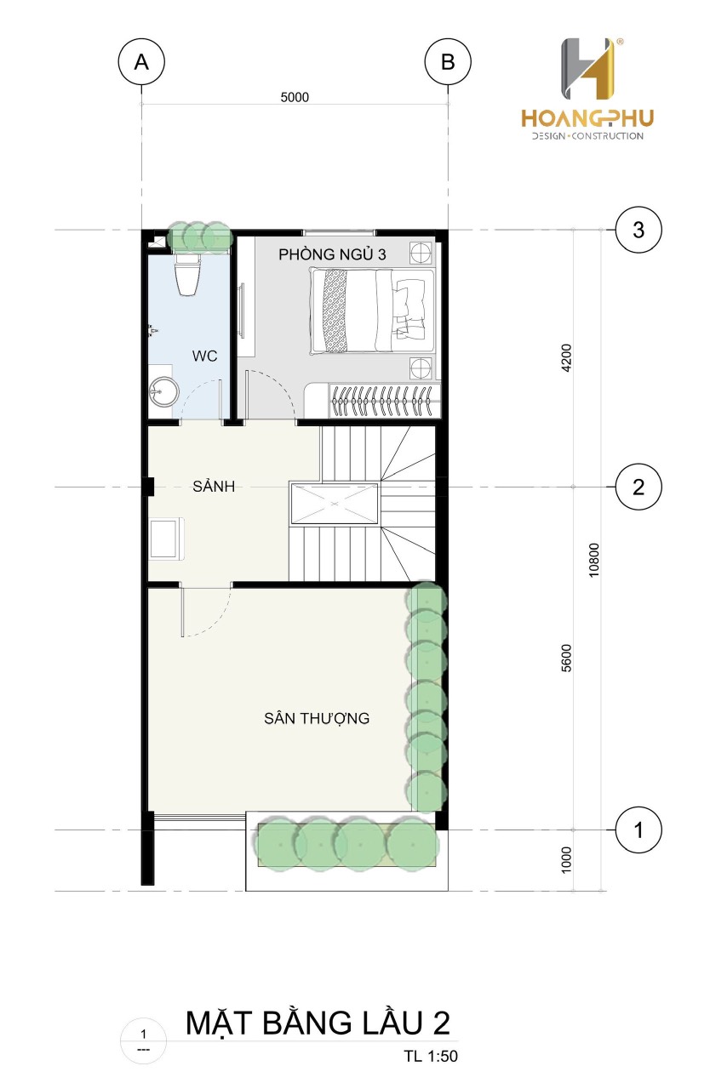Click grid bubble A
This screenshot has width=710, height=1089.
[x=141, y=62]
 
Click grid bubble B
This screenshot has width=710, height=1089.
[x=448, y=62]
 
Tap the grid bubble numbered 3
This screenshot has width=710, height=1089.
[x=638, y=230]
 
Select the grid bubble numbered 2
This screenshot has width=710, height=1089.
[x=638, y=487]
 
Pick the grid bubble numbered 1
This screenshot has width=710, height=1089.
[x=638, y=830]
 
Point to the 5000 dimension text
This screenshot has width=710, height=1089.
[x=295, y=97]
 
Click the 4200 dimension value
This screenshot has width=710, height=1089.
[x=566, y=358]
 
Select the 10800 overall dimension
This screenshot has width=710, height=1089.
[x=593, y=560]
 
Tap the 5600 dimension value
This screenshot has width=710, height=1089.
[x=566, y=658]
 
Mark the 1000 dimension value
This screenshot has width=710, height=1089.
[x=566, y=860]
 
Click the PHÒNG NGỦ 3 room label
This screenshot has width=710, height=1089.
[x=332, y=254]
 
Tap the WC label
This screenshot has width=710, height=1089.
[x=204, y=356]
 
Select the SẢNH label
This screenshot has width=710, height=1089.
[x=214, y=486]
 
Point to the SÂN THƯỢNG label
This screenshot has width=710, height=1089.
[x=317, y=718]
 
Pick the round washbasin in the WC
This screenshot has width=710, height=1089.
[x=163, y=392]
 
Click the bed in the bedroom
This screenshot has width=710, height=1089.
[x=372, y=311]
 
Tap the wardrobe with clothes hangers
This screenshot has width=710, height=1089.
[x=384, y=400]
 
